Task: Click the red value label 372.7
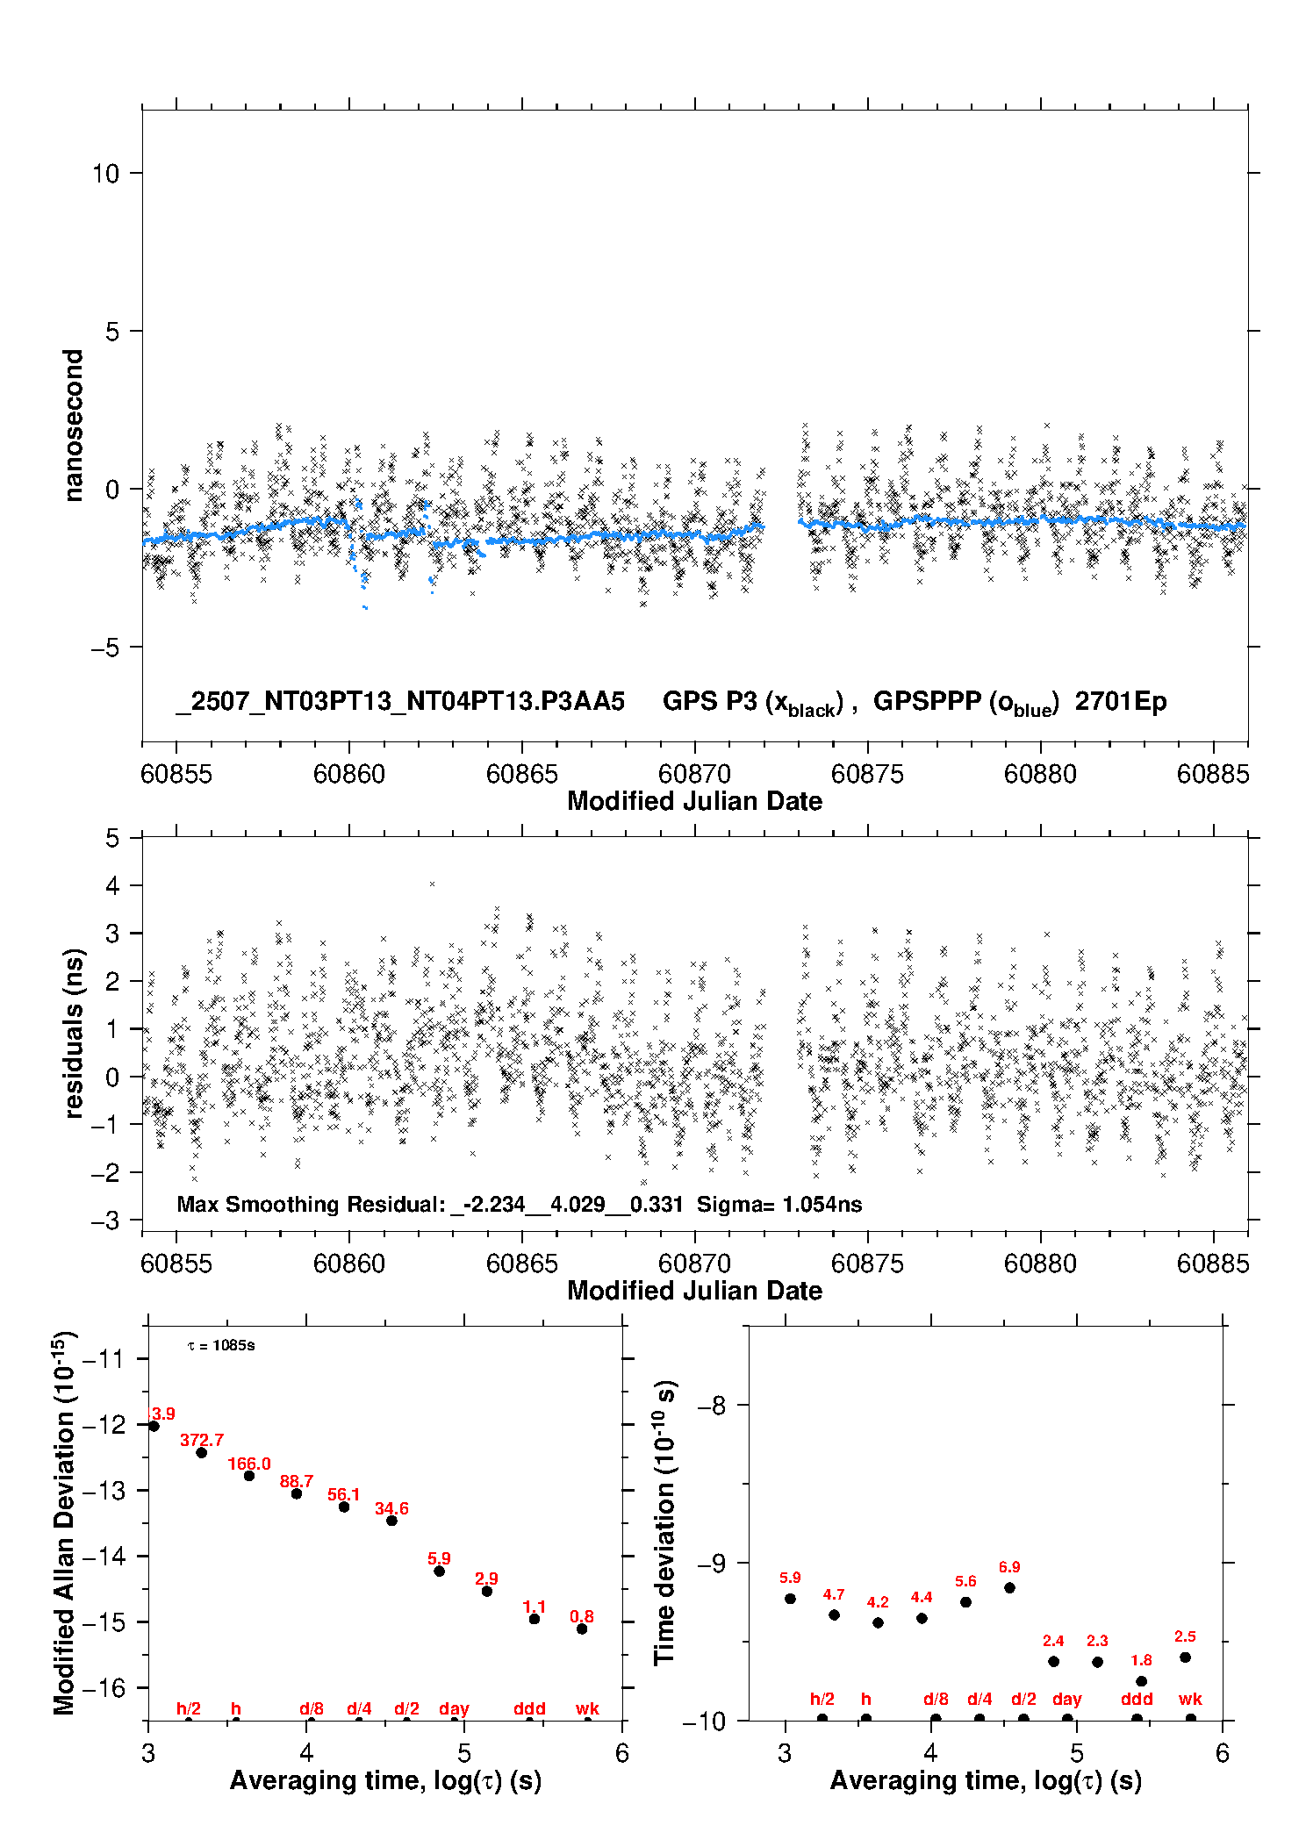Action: [x=202, y=1440]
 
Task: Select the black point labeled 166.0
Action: [x=249, y=1476]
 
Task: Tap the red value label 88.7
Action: [x=297, y=1481]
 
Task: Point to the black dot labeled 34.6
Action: [x=391, y=1521]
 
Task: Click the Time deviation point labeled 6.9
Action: [x=1009, y=1588]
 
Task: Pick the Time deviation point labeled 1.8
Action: [x=1141, y=1681]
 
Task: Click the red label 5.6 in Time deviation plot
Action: [x=965, y=1581]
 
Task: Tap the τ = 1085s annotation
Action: [x=221, y=1346]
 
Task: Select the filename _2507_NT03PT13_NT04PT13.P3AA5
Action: [x=400, y=701]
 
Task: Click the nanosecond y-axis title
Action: [x=73, y=425]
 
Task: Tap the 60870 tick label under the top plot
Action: [x=694, y=774]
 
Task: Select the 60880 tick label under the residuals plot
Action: [x=1040, y=1264]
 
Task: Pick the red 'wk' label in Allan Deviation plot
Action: [x=587, y=1708]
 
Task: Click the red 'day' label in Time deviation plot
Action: [x=1066, y=1700]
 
